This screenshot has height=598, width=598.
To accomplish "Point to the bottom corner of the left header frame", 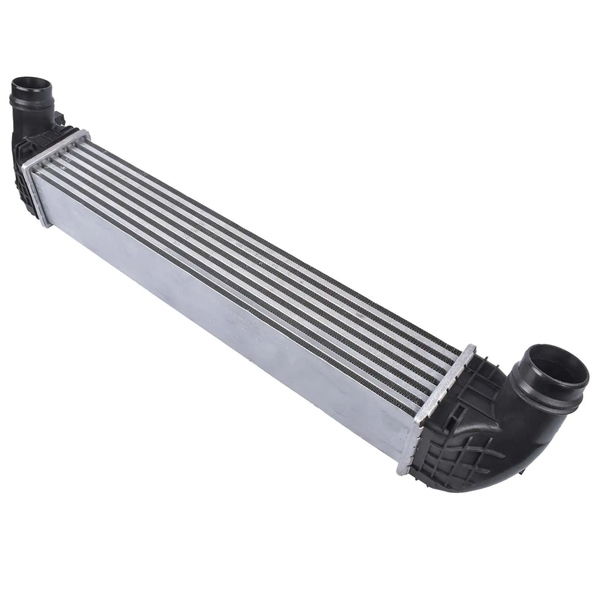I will tap(45, 224).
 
